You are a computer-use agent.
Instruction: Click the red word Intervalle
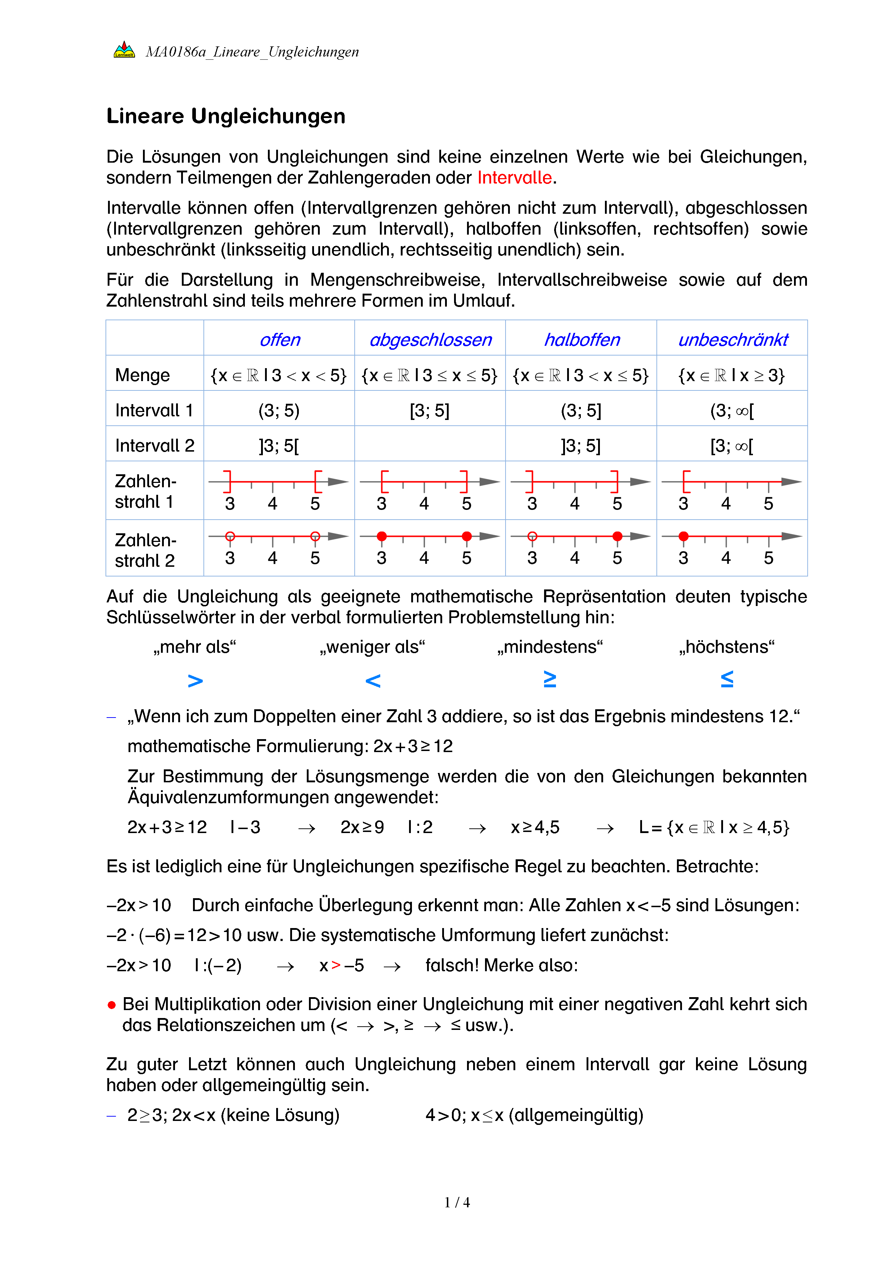pos(514,177)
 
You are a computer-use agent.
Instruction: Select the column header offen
pos(279,340)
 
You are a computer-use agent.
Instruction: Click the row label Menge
pos(143,375)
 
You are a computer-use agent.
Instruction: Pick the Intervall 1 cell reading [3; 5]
pos(430,411)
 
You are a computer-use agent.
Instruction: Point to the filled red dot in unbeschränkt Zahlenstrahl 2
pos(683,536)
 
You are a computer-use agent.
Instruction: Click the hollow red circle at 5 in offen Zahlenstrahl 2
pos(315,536)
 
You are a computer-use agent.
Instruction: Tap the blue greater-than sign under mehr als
pos(195,681)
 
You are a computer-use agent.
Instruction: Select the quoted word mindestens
pos(550,647)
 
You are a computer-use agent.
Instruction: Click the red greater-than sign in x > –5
pos(336,965)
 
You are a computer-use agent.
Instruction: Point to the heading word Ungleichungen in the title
pos(268,116)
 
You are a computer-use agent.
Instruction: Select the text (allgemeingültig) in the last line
pos(576,1115)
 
